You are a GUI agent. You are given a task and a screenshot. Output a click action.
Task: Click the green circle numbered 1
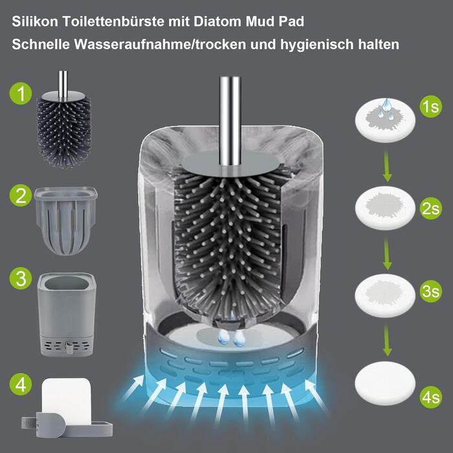(x=21, y=93)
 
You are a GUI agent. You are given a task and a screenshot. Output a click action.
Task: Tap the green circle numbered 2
(x=21, y=195)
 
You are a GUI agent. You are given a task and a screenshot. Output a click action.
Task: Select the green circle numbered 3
(x=21, y=278)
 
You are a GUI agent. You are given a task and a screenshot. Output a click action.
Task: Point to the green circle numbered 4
(x=21, y=384)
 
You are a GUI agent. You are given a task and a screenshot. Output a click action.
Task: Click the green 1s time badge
(x=431, y=107)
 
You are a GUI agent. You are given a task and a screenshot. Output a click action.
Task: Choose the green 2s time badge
(x=431, y=208)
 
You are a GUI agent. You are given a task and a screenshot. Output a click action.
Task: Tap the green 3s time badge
(x=431, y=291)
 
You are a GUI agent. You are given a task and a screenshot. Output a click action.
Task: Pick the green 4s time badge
(x=431, y=397)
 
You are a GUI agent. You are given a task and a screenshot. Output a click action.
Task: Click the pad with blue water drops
(x=385, y=120)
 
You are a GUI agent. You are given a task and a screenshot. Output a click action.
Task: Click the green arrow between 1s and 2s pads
(x=387, y=167)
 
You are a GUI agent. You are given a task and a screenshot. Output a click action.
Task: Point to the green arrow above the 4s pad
(x=387, y=341)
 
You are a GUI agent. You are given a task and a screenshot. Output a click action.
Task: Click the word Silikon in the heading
(x=35, y=21)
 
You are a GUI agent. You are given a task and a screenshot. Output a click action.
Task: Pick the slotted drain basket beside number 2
(x=65, y=221)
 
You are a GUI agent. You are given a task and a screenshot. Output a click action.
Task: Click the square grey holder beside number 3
(x=67, y=314)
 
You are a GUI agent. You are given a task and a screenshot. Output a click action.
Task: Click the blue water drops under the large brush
(x=230, y=337)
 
